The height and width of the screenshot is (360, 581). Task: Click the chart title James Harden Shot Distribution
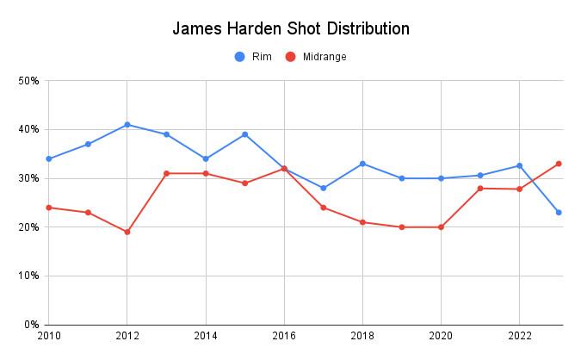click(290, 28)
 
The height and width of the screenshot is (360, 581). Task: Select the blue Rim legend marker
click(240, 57)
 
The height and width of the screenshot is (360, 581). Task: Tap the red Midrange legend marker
click(290, 57)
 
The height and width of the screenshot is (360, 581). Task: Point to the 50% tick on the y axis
click(28, 81)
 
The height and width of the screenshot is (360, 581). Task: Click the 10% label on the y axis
click(28, 276)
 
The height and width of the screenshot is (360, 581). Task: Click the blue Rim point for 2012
click(127, 125)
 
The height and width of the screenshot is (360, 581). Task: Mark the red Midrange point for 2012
click(127, 232)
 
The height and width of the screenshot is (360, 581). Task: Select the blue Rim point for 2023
click(559, 213)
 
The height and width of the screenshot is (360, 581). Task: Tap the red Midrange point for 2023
click(559, 164)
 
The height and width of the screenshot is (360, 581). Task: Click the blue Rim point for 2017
click(323, 188)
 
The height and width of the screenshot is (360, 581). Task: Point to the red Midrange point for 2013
click(166, 173)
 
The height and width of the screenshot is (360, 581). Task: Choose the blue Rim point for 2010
click(49, 158)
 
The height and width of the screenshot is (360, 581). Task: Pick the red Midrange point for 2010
click(49, 208)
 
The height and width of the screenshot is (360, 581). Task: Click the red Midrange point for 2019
click(402, 227)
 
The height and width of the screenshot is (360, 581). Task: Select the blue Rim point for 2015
click(244, 134)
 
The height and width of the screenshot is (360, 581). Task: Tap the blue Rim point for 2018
click(362, 164)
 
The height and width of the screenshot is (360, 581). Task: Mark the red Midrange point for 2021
click(480, 188)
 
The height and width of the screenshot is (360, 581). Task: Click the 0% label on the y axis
click(31, 325)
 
